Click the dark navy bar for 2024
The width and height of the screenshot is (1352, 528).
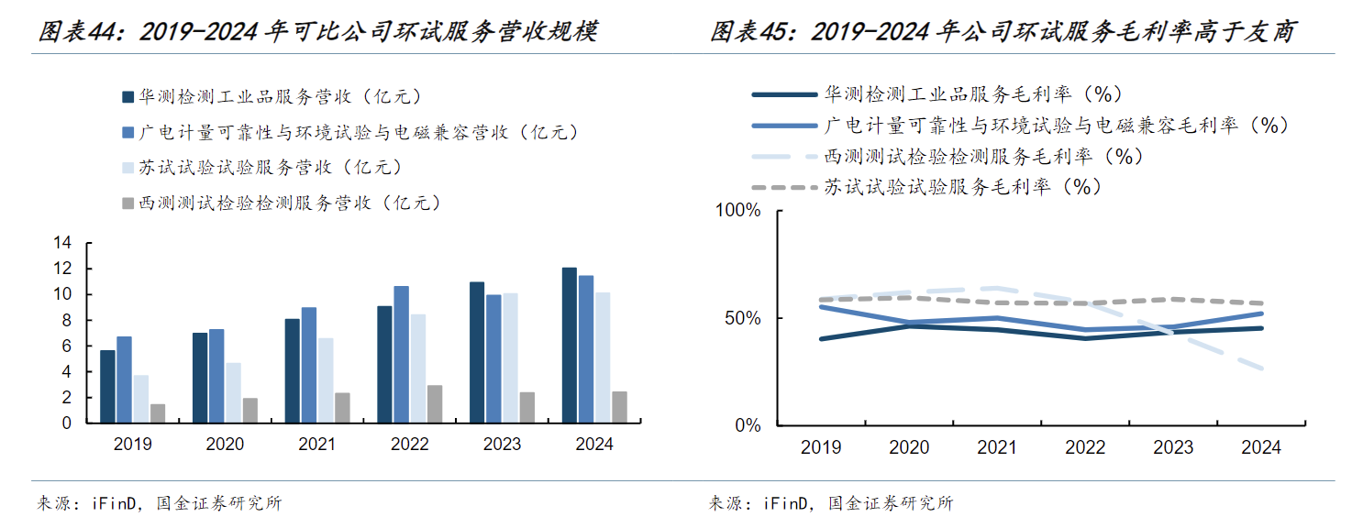pos(570,346)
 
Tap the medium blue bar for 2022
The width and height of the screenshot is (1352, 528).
pos(401,355)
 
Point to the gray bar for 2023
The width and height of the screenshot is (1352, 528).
pos(526,408)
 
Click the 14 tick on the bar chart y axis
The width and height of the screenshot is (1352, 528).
pos(62,243)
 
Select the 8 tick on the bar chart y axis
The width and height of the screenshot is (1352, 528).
pos(66,320)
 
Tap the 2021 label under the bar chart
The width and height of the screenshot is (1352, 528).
pos(317,445)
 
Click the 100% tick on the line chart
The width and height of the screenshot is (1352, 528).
pos(737,211)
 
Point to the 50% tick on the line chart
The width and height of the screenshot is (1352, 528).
pos(742,318)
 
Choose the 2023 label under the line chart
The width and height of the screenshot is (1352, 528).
pos(1173,447)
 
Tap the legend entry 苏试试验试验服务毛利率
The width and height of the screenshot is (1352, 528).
pos(959,187)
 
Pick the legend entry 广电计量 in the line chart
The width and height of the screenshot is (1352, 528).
pos(1055,125)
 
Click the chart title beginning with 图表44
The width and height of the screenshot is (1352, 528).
pos(317,32)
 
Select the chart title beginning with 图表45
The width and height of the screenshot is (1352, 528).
pos(1003,32)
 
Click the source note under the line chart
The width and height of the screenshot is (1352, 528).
pos(831,503)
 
